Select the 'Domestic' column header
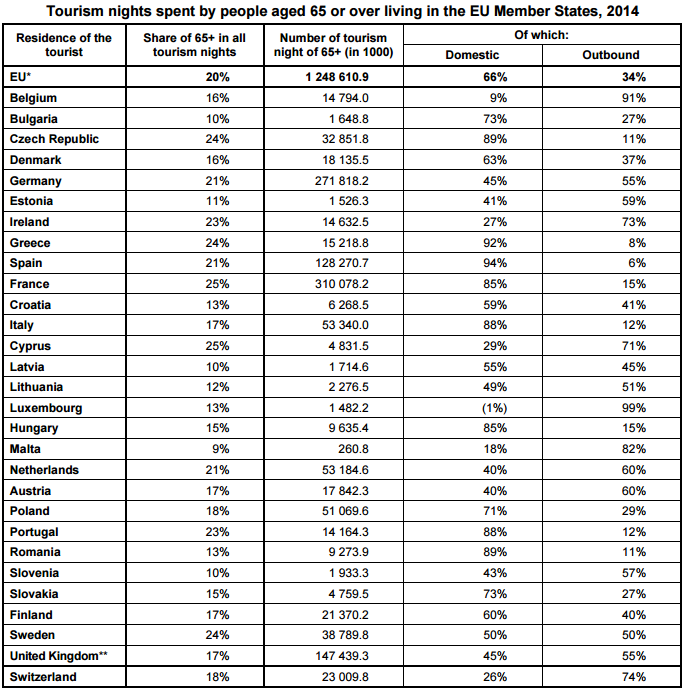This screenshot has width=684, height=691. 472,55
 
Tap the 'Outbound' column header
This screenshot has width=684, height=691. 610,55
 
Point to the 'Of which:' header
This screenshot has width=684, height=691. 541,35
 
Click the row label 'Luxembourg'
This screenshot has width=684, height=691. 46,408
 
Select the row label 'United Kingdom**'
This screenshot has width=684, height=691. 59,656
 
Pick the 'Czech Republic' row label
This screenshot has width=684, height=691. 54,139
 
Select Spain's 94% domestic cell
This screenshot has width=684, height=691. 493,263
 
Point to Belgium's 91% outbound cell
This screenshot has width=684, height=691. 632,98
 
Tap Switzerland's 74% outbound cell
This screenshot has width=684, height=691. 632,677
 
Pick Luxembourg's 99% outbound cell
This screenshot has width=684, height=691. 632,408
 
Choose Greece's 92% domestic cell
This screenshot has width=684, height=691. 493,243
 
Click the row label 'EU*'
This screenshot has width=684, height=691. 22,77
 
